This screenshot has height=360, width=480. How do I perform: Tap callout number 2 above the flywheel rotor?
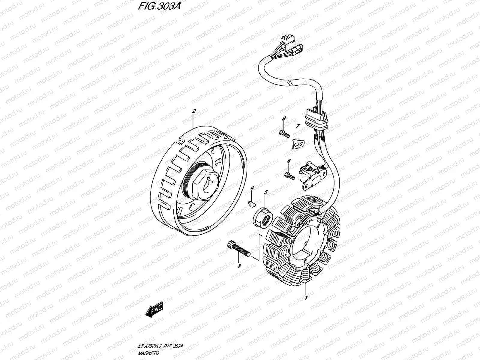pos(194,111)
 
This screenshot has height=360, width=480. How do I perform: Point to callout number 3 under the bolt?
pos(239,266)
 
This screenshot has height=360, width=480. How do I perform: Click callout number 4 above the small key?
pos(253,187)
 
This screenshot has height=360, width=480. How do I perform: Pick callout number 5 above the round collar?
pos(265,192)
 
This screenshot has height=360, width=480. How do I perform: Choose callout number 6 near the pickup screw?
pos(289,161)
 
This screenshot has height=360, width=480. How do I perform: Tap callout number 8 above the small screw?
pos(284,119)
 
